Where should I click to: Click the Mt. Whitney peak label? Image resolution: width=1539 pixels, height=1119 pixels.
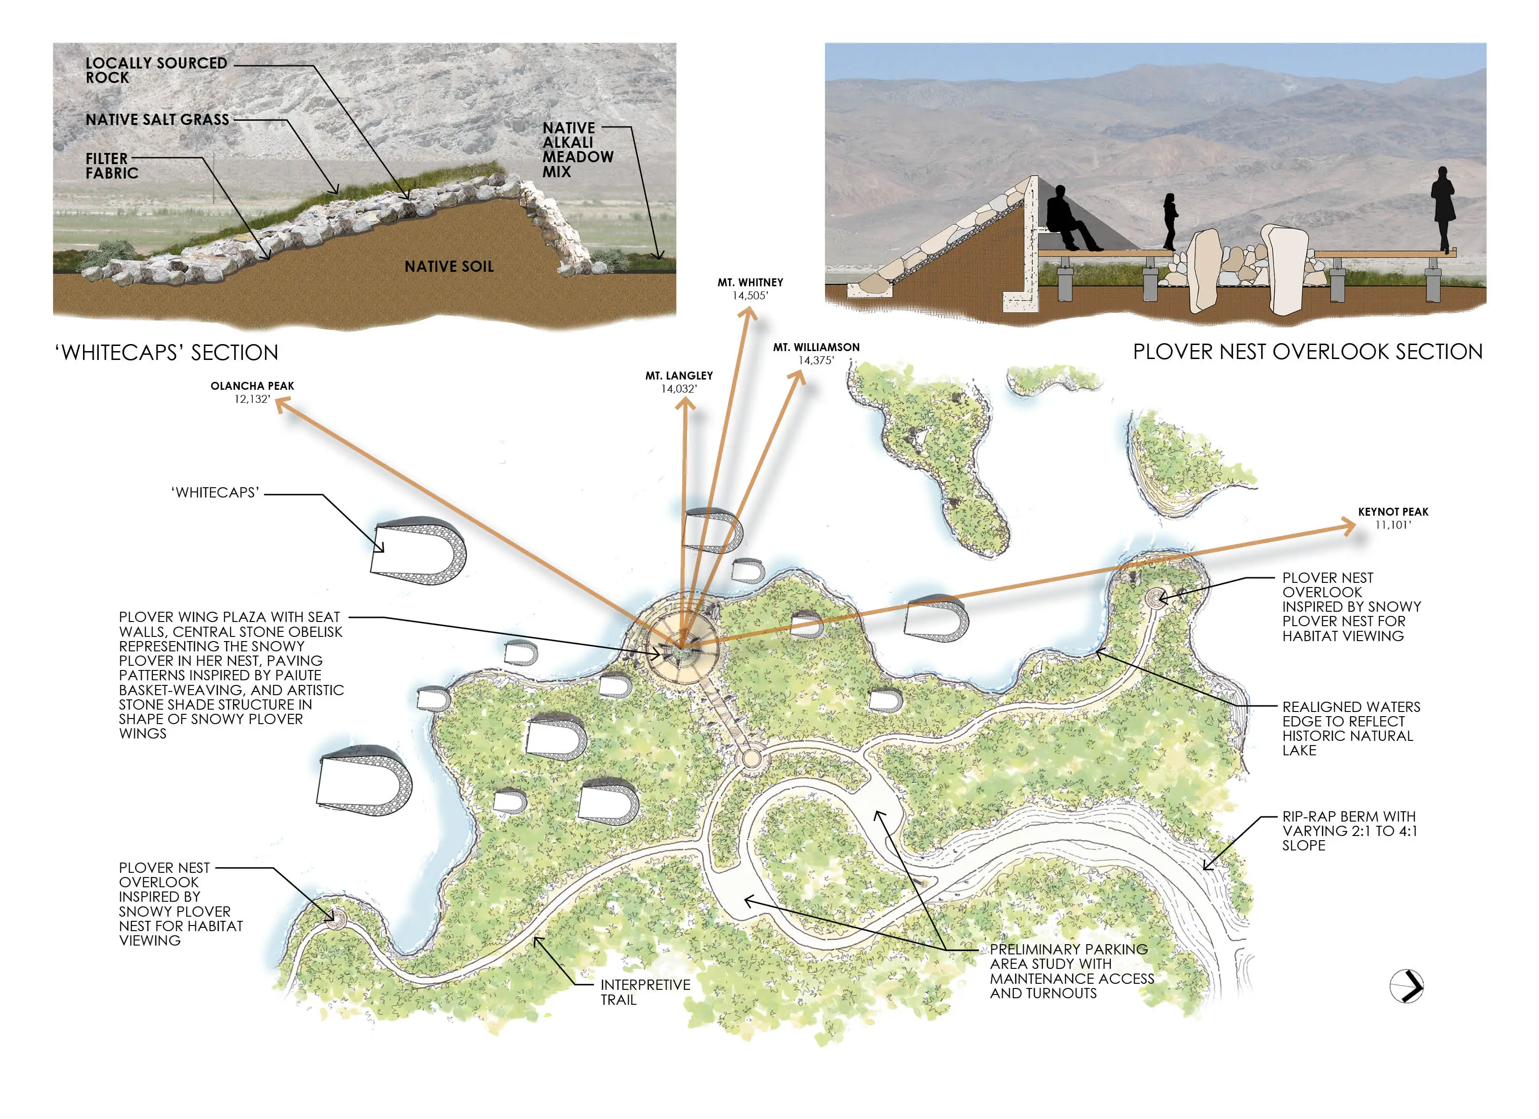click(x=750, y=289)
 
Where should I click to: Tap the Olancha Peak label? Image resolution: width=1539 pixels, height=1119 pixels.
click(x=252, y=392)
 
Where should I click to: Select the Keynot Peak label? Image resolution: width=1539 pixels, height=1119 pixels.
click(x=1393, y=518)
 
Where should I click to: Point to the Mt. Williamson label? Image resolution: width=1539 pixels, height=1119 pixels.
click(x=816, y=353)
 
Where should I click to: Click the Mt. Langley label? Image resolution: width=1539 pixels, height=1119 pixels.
click(x=679, y=381)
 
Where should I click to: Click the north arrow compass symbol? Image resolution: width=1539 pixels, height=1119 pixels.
click(x=1406, y=986)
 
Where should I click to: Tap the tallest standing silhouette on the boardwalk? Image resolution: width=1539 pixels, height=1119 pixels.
click(x=1442, y=207)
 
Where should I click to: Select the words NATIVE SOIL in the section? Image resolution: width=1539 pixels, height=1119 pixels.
click(x=449, y=267)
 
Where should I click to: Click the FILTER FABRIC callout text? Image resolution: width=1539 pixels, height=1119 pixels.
click(x=111, y=166)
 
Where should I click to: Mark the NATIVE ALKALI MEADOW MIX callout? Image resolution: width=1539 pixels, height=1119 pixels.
click(x=577, y=149)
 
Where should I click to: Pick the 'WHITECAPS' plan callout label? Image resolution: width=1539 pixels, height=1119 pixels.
click(x=215, y=493)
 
